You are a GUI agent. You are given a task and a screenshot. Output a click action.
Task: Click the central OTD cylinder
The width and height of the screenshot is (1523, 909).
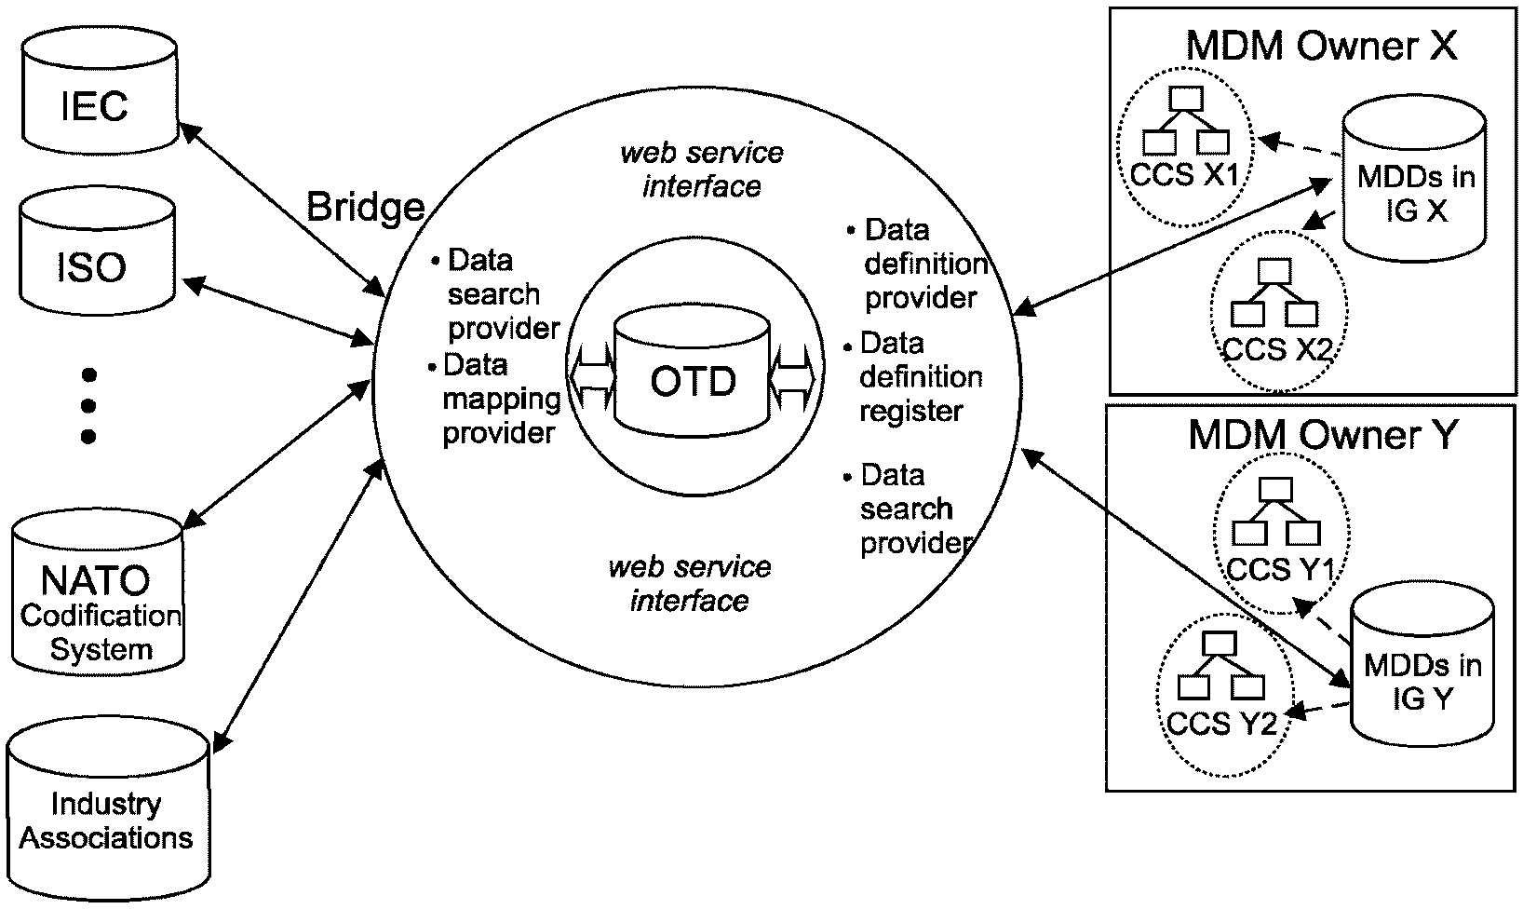click(693, 376)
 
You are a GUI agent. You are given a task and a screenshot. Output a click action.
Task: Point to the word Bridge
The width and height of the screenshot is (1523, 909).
click(365, 208)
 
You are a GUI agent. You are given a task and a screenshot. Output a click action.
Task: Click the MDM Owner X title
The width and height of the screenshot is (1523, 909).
click(1321, 47)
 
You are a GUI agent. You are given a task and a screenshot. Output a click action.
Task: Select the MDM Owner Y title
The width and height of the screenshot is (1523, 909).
click(1321, 435)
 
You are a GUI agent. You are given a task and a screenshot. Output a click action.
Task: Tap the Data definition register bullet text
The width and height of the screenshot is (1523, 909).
click(917, 377)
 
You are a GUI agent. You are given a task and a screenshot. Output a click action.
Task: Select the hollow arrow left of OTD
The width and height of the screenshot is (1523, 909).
click(592, 376)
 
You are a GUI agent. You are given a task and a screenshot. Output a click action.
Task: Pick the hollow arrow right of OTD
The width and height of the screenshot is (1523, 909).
click(792, 376)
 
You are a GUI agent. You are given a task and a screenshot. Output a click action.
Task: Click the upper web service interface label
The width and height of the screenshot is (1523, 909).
click(702, 170)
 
